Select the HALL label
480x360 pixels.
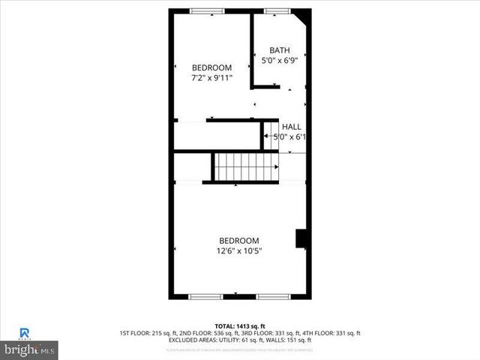[x=291, y=127]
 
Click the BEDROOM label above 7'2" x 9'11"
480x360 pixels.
[x=211, y=67]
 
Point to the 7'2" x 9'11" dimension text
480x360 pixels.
[x=211, y=77]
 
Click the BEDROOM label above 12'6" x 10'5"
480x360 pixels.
[x=239, y=240]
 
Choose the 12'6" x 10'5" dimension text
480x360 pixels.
[x=239, y=250]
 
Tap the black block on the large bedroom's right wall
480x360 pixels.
[x=301, y=238]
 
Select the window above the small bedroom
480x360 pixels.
[x=201, y=10]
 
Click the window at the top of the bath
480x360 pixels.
[x=274, y=10]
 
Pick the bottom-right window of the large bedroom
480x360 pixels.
[x=273, y=297]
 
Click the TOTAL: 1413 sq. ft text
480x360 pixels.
[x=240, y=325]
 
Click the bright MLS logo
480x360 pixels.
[x=30, y=349]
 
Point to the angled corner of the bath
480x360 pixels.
[x=303, y=16]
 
